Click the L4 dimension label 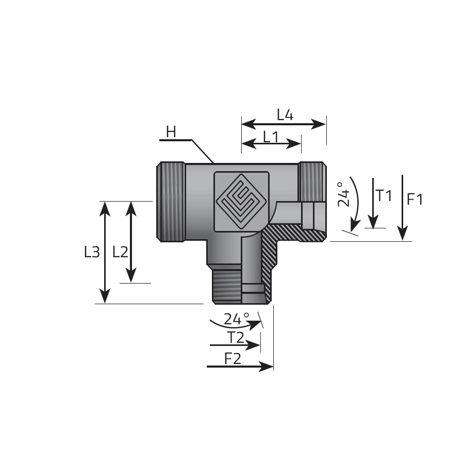click(285, 115)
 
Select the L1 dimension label click(271, 137)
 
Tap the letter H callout click(171, 132)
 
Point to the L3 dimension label click(92, 252)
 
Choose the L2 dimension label click(121, 252)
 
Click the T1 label click(384, 195)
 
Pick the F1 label click(415, 199)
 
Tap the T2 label click(236, 338)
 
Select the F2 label click(233, 359)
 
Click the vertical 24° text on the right click(343, 194)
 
